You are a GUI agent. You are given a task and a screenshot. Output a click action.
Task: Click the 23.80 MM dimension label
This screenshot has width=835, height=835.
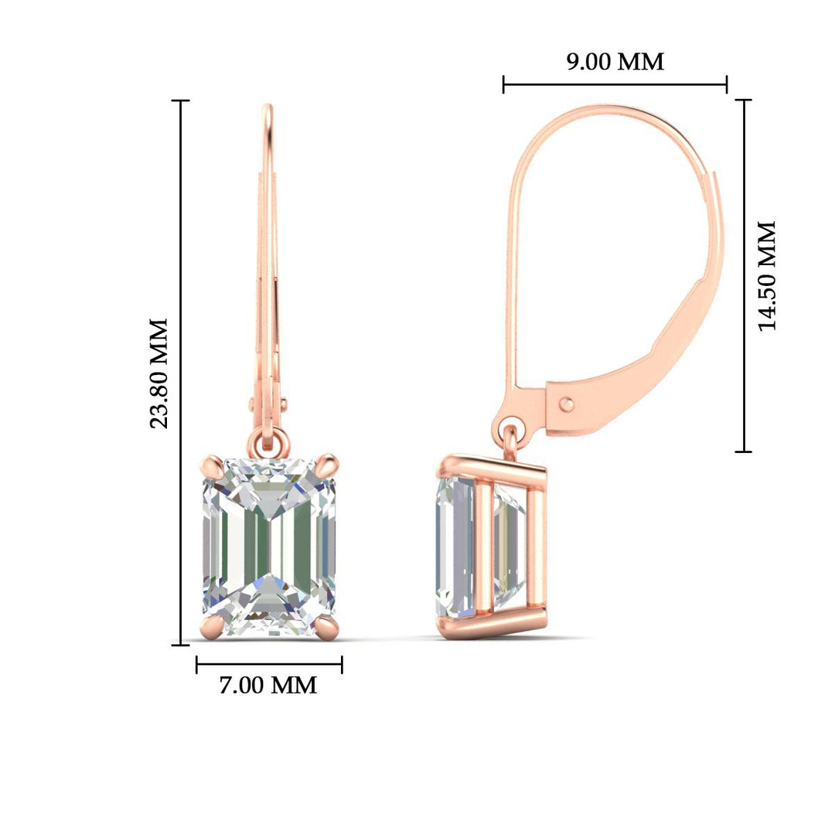pyautogui.click(x=159, y=373)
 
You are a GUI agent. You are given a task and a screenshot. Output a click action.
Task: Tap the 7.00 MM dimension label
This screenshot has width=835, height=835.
pyautogui.click(x=268, y=685)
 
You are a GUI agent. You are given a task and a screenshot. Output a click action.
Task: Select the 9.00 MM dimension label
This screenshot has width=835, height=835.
pyautogui.click(x=615, y=62)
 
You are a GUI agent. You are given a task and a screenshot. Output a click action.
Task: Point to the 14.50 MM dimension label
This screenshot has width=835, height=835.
pyautogui.click(x=767, y=276)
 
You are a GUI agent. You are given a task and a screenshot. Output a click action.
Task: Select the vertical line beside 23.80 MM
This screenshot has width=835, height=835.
pyautogui.click(x=182, y=373)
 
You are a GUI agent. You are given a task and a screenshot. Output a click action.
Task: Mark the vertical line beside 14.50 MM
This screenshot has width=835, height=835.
pyautogui.click(x=744, y=276)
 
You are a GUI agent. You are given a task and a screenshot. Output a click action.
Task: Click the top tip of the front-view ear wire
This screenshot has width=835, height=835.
pyautogui.click(x=268, y=108)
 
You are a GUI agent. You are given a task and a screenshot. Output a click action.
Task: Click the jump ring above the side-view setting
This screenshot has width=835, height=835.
pyautogui.click(x=511, y=429)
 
